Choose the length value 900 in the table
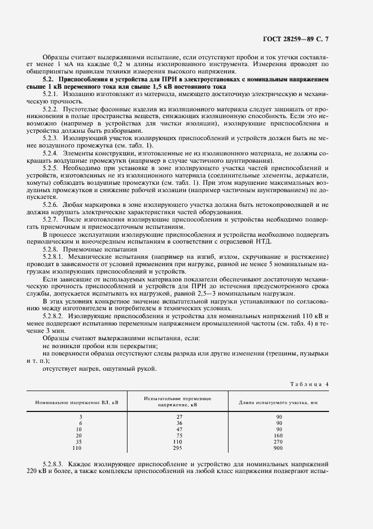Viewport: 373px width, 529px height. pos(279,448)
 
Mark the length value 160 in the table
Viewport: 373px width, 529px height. pos(279,435)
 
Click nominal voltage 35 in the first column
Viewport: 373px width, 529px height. pos(81,441)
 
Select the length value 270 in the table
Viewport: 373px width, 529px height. pos(279,441)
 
